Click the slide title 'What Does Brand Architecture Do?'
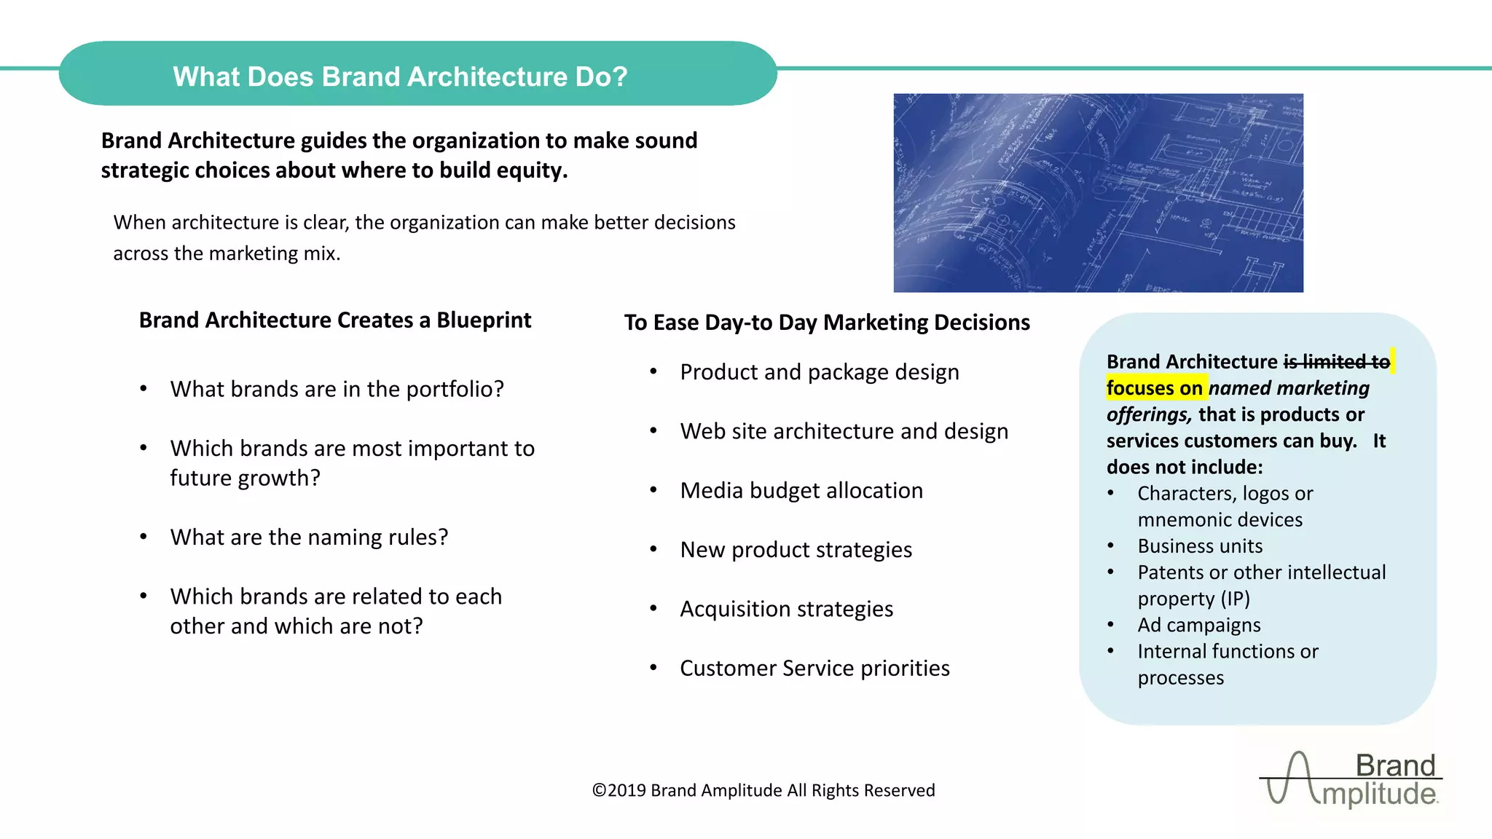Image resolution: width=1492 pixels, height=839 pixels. [400, 76]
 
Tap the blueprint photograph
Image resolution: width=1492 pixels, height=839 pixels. [1098, 193]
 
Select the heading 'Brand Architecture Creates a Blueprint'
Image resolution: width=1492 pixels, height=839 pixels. [335, 320]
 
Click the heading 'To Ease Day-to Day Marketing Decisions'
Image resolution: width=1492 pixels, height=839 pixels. [827, 323]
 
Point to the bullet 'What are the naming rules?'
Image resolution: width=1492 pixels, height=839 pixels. [309, 537]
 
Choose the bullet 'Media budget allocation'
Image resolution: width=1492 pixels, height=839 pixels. [801, 491]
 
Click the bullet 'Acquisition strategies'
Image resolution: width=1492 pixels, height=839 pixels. [786, 609]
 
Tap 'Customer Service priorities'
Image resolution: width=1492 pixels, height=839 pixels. [814, 669]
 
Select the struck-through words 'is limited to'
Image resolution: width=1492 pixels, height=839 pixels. [1336, 362]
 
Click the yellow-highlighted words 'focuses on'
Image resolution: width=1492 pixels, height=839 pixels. [1154, 388]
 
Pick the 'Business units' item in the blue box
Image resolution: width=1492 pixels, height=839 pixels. [1200, 546]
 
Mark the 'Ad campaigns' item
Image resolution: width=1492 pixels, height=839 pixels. [1199, 625]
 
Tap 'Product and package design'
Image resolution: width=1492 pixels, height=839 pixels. [819, 372]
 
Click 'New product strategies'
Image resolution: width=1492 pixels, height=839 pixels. [796, 550]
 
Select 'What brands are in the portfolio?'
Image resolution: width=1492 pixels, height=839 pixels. [337, 390]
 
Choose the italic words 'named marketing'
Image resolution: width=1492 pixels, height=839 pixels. [1289, 388]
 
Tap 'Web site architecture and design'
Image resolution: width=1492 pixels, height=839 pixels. [844, 432]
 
